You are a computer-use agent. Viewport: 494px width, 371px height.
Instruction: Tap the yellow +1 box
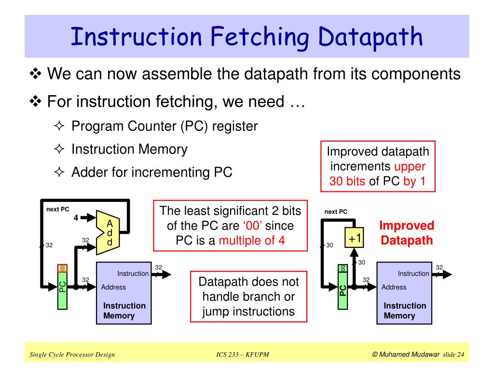click(355, 238)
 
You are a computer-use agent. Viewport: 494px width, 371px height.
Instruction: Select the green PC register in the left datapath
click(62, 286)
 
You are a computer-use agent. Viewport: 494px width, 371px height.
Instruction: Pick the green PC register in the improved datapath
click(342, 286)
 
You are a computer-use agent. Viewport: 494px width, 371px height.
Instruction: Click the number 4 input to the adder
click(76, 217)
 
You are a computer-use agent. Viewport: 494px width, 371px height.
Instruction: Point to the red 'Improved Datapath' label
click(407, 233)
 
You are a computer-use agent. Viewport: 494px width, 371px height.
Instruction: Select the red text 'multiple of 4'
click(251, 240)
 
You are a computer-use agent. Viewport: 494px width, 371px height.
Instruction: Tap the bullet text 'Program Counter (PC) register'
click(165, 126)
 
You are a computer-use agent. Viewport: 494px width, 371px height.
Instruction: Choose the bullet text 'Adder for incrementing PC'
click(151, 172)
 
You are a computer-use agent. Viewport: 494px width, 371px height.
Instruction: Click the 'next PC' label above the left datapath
click(57, 209)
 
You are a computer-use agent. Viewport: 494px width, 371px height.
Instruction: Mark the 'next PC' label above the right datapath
click(336, 212)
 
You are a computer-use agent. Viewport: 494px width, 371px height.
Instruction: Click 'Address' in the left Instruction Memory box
click(113, 287)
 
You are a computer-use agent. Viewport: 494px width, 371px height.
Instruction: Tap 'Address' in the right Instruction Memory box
click(394, 287)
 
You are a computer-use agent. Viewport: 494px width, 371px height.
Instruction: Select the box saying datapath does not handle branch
click(248, 297)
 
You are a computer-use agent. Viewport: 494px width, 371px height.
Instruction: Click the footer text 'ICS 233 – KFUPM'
click(242, 355)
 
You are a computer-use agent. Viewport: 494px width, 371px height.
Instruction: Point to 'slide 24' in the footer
click(453, 355)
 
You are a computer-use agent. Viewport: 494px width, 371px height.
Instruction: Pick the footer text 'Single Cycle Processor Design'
click(72, 355)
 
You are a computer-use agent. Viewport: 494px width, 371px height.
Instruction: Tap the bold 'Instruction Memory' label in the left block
click(124, 311)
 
